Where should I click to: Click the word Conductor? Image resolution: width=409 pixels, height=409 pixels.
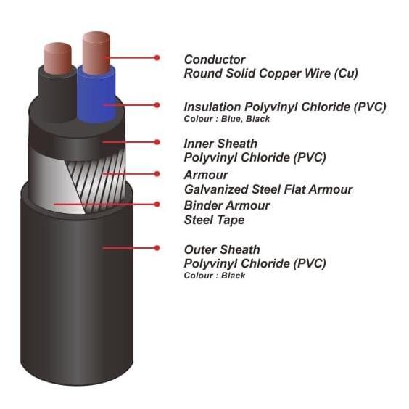coord(215,59)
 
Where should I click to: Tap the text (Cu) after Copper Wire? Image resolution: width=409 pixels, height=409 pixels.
coord(346,73)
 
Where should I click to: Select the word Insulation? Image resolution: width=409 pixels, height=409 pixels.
coord(212,107)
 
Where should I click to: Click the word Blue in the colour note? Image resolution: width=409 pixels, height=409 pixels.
coord(231,119)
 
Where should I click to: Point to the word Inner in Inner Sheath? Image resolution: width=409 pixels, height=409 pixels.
coord(199,144)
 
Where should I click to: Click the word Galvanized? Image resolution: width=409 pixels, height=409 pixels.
coord(216,189)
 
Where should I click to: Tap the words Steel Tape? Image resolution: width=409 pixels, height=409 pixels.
coord(214,220)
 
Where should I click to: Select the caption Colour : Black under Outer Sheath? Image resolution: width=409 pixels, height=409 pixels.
coord(215,276)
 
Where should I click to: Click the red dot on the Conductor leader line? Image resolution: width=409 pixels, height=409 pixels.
coord(157,57)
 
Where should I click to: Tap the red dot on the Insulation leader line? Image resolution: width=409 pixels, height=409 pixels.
coord(157,105)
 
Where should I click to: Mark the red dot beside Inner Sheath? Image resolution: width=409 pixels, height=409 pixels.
coord(157,142)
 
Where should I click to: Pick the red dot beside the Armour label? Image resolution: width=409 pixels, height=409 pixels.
coord(157,174)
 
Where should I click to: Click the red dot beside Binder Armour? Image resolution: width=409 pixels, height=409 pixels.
coord(157,204)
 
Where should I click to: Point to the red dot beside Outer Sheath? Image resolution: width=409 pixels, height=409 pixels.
coord(157,248)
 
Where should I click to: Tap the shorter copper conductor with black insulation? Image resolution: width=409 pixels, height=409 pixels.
coord(57,59)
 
